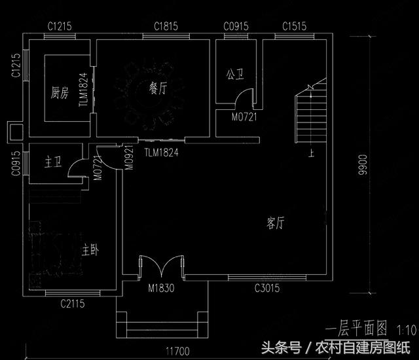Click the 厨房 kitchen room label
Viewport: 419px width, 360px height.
60,93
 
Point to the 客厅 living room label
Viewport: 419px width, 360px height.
276,223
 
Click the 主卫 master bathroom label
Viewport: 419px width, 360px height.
53,162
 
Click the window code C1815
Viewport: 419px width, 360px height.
166,27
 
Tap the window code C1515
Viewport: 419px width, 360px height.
293,27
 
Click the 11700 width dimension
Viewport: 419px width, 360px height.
179,351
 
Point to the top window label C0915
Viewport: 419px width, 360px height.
236,27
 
